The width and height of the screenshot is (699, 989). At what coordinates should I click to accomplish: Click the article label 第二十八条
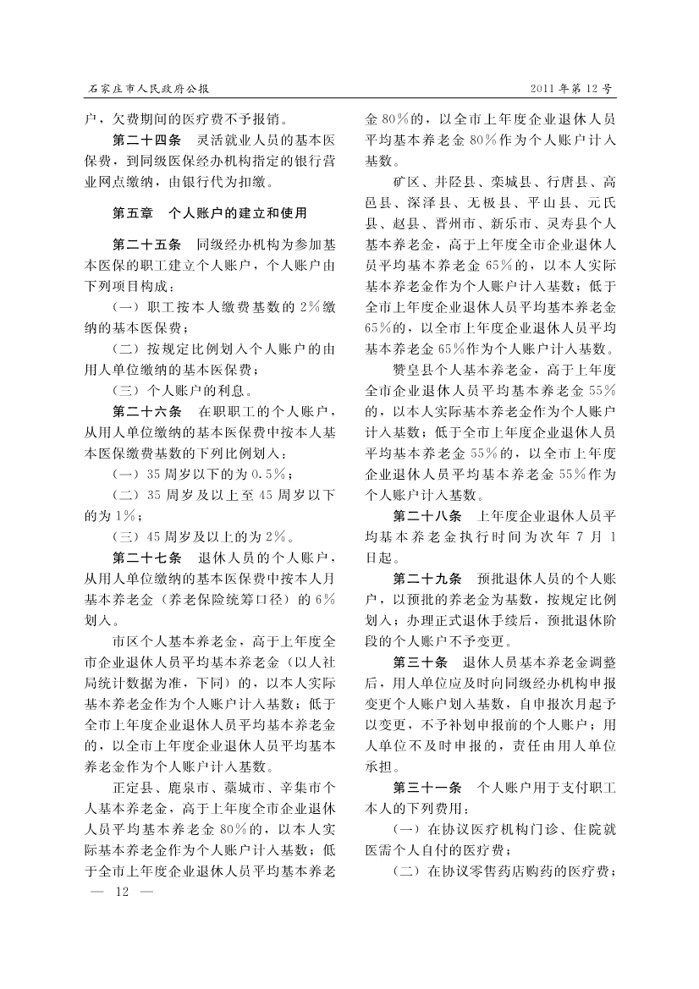428,516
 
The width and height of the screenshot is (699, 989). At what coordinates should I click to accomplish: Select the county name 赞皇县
414,370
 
